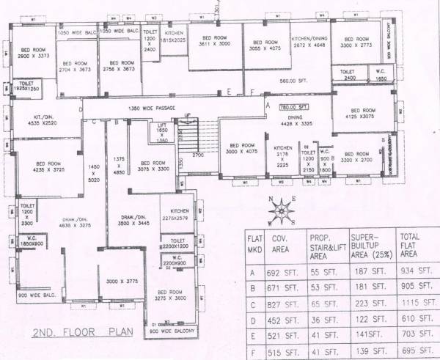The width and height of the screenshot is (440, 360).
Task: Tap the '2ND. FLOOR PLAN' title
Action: click(x=83, y=331)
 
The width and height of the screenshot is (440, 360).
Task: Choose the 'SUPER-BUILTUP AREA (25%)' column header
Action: click(x=368, y=245)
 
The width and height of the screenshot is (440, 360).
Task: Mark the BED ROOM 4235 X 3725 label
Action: click(x=49, y=166)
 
